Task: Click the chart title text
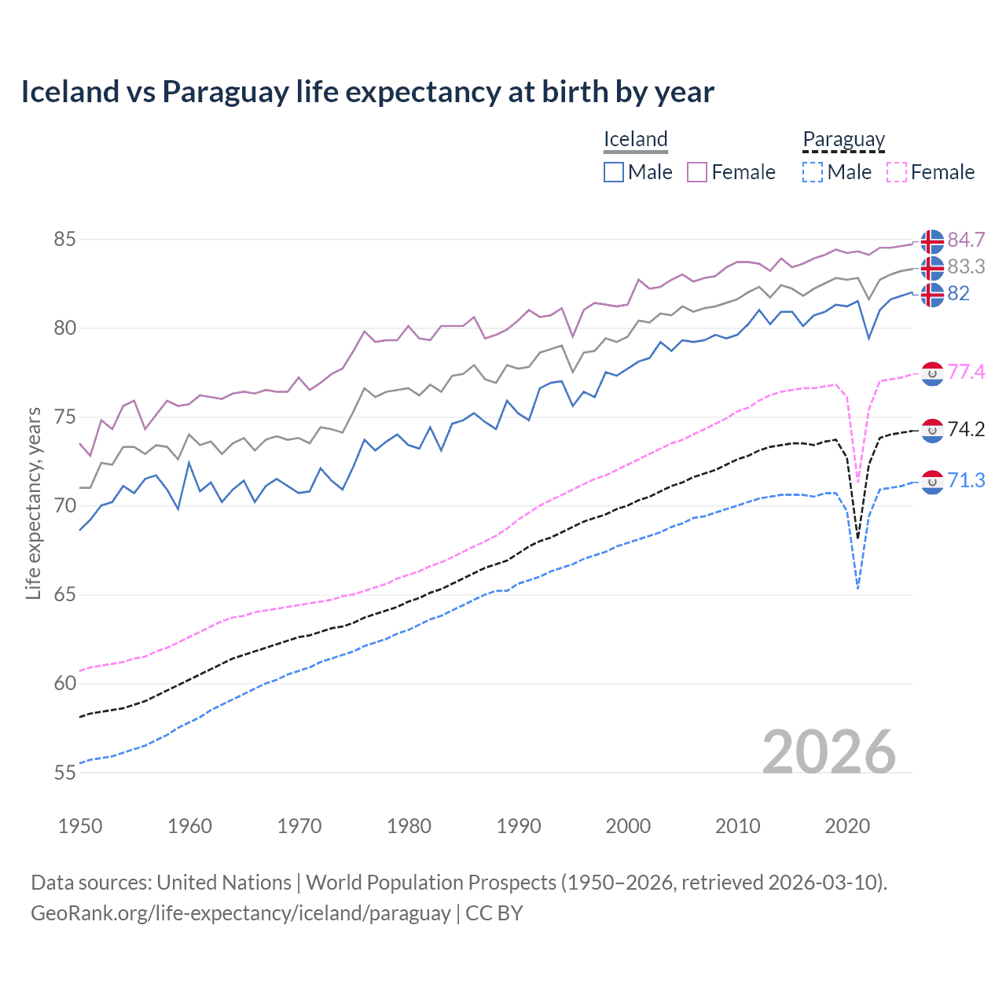pos(367,92)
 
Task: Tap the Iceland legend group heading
pos(635,139)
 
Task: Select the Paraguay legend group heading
pos(843,140)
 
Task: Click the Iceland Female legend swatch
pos(697,172)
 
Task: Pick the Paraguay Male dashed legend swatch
pos(813,172)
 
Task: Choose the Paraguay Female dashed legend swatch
pos(897,172)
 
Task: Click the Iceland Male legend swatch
pos(614,172)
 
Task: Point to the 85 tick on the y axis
pos(64,239)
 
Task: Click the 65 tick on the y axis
pos(64,595)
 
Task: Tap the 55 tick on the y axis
pos(64,773)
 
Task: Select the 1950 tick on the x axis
pos(80,826)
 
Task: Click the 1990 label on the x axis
pos(519,826)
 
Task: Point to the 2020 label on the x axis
pos(847,826)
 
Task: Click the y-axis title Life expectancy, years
pos(33,503)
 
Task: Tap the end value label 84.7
pos(966,240)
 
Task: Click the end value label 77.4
pos(966,372)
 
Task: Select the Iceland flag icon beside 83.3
pos(932,268)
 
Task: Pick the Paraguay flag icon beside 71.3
pos(932,481)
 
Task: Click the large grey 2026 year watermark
pos(828,752)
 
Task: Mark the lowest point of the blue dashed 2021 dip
pos(857,589)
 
